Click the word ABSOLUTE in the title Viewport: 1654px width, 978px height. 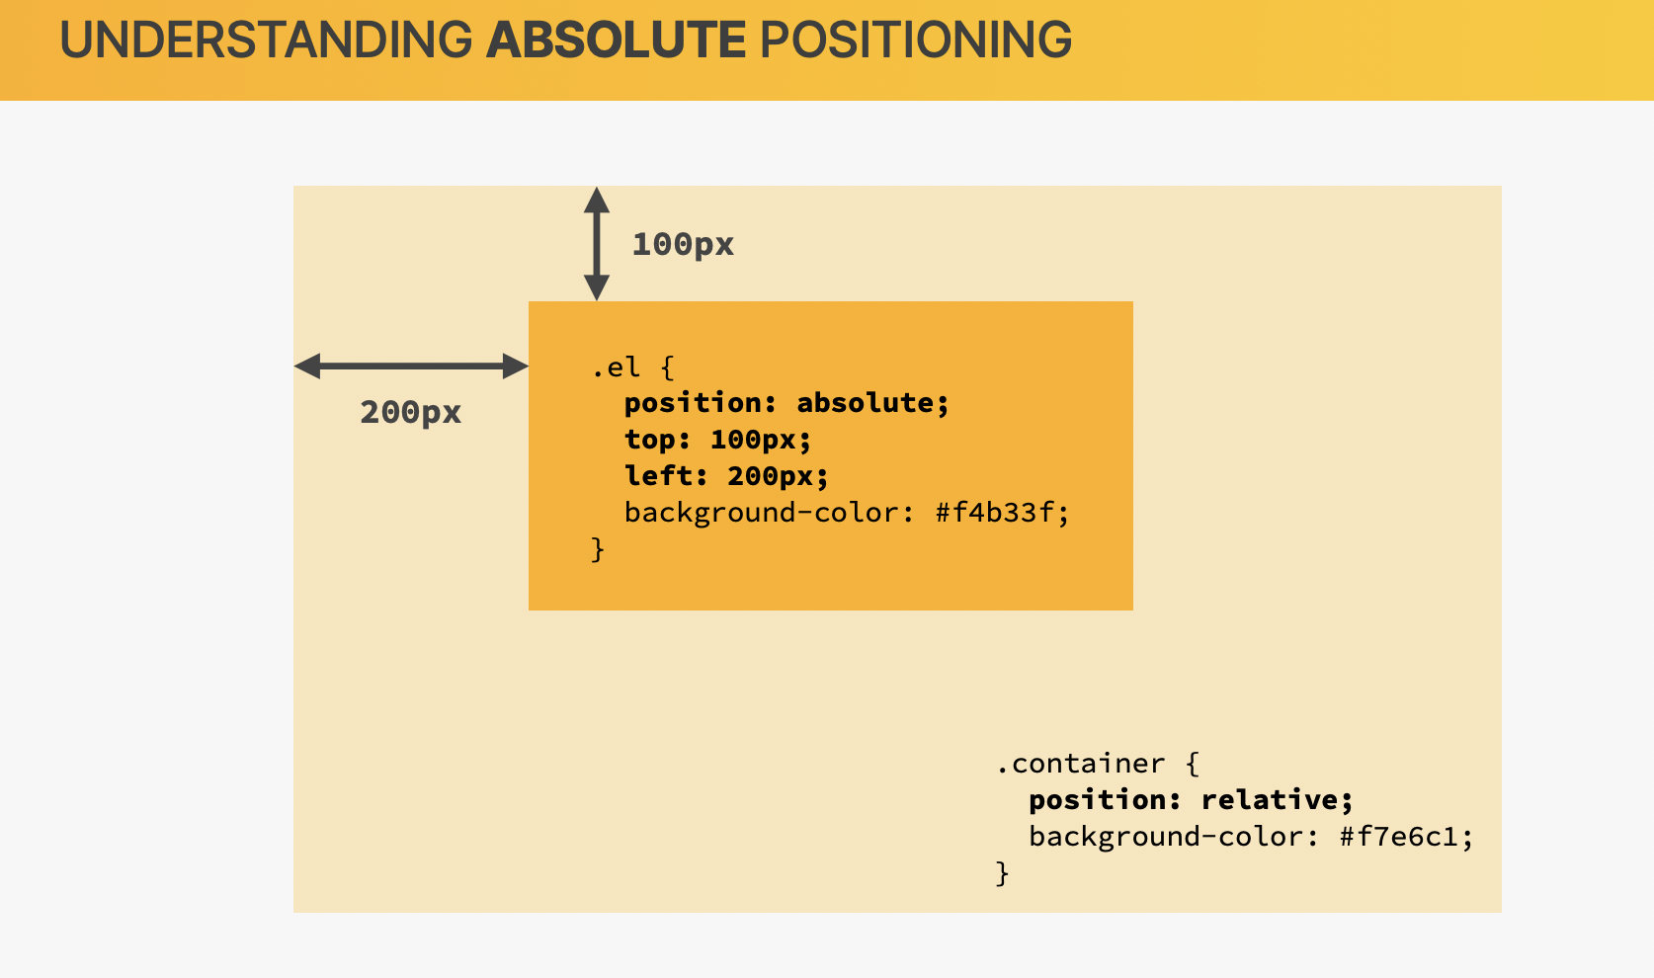(x=616, y=40)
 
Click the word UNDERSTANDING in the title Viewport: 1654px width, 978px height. (x=266, y=40)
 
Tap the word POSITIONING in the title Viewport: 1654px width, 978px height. (x=916, y=40)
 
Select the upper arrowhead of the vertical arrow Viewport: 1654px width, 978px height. (x=597, y=200)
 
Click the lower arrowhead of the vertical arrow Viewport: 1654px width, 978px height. (x=597, y=287)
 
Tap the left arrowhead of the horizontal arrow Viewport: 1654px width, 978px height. (x=307, y=367)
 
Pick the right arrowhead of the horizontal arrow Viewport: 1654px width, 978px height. (x=516, y=367)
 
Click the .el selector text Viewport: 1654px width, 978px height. (x=616, y=367)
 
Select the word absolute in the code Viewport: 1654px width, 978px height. (x=865, y=403)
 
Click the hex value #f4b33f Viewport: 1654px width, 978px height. (x=995, y=513)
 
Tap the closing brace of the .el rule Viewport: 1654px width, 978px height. (x=598, y=549)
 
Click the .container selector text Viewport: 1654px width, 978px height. (x=1080, y=764)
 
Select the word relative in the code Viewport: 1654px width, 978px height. (x=1270, y=800)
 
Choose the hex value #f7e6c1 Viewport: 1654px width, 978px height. (x=1399, y=837)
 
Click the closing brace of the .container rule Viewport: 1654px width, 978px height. (x=1002, y=874)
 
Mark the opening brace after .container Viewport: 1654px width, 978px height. (x=1192, y=764)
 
